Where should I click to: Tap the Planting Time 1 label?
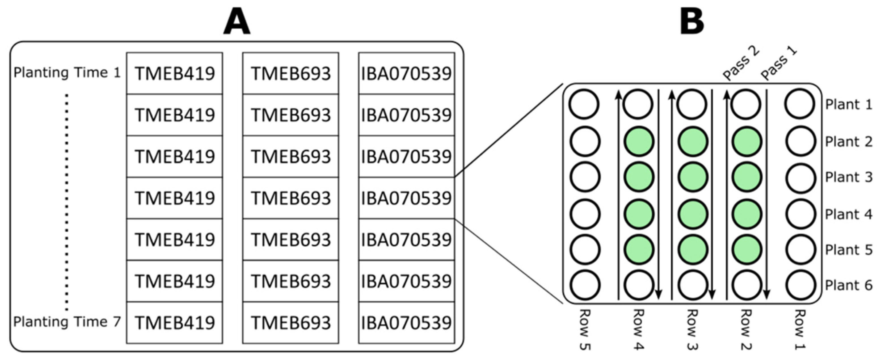pyautogui.click(x=67, y=73)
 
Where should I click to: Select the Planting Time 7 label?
pyautogui.click(x=67, y=322)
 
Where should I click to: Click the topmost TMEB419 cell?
pyautogui.click(x=174, y=73)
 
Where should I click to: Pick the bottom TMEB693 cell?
pyautogui.click(x=291, y=323)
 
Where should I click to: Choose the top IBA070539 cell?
pyautogui.click(x=406, y=73)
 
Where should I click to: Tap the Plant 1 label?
pyautogui.click(x=848, y=104)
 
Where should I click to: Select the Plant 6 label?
pyautogui.click(x=848, y=285)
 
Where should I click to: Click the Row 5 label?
pyautogui.click(x=585, y=330)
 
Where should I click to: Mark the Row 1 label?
pyautogui.click(x=800, y=330)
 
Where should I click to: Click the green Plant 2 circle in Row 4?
pyautogui.click(x=638, y=141)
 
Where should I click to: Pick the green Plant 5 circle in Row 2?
pyautogui.click(x=747, y=249)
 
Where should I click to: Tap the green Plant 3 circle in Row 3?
pyautogui.click(x=693, y=177)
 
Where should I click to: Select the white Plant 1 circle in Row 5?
pyautogui.click(x=584, y=104)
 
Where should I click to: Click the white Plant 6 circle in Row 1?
pyautogui.click(x=800, y=285)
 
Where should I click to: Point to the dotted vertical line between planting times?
pyautogui.click(x=67, y=202)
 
